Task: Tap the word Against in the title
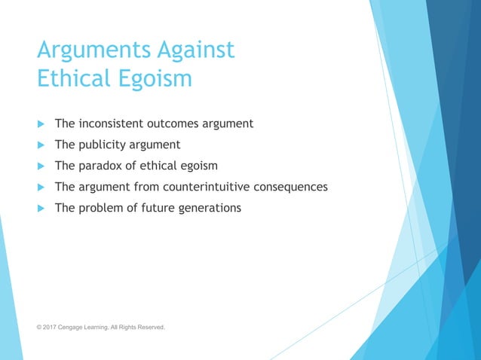click(195, 50)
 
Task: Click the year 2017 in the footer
click(51, 328)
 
